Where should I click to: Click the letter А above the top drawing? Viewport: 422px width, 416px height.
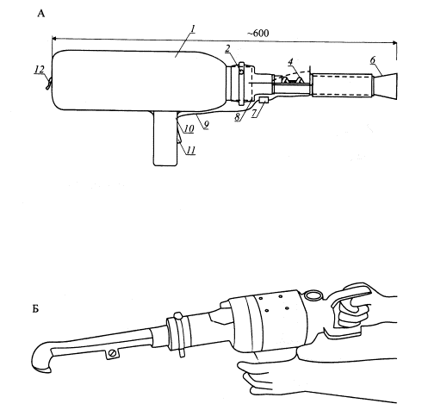[x=41, y=14]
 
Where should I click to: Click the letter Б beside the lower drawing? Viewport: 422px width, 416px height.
[x=35, y=309]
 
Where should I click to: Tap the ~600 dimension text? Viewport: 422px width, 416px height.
[x=258, y=34]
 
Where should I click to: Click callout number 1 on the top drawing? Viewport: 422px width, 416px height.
[x=193, y=29]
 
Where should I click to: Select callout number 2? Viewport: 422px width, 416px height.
[x=227, y=48]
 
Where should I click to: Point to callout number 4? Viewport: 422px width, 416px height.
[x=290, y=61]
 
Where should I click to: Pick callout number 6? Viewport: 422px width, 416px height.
[x=373, y=60]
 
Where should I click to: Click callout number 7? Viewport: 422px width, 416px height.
[x=254, y=113]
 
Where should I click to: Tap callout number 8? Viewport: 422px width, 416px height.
[x=237, y=117]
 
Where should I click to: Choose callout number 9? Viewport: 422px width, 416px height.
[x=206, y=125]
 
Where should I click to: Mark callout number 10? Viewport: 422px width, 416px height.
[x=189, y=129]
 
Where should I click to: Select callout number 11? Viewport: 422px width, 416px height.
[x=191, y=150]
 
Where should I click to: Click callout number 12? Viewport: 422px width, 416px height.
[x=40, y=70]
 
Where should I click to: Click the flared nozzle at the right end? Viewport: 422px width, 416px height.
[x=385, y=86]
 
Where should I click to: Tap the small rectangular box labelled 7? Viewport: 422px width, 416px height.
[x=264, y=100]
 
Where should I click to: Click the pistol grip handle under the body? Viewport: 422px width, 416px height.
[x=165, y=138]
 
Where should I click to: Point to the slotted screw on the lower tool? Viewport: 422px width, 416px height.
[x=113, y=353]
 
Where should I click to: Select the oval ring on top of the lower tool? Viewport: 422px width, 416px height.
[x=313, y=295]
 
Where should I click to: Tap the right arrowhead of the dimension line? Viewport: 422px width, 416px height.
[x=394, y=43]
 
